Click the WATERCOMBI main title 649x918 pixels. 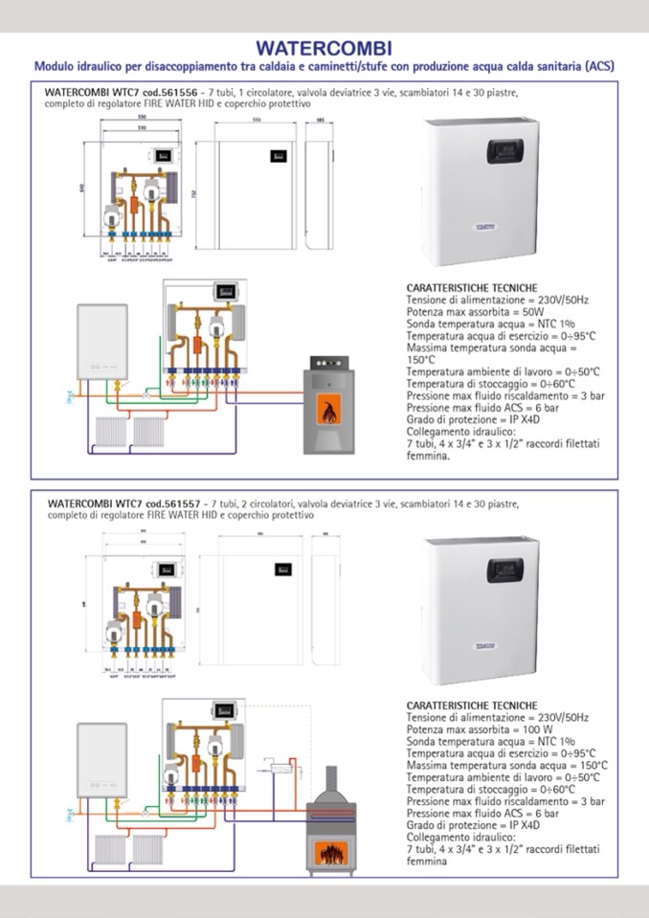pos(324,48)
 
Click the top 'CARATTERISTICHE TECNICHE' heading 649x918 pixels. pos(472,288)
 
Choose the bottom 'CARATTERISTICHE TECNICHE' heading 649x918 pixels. pos(472,705)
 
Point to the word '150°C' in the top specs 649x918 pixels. pos(421,360)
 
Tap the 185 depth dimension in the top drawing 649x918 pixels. pos(320,121)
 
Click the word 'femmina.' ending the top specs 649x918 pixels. pos(428,457)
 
